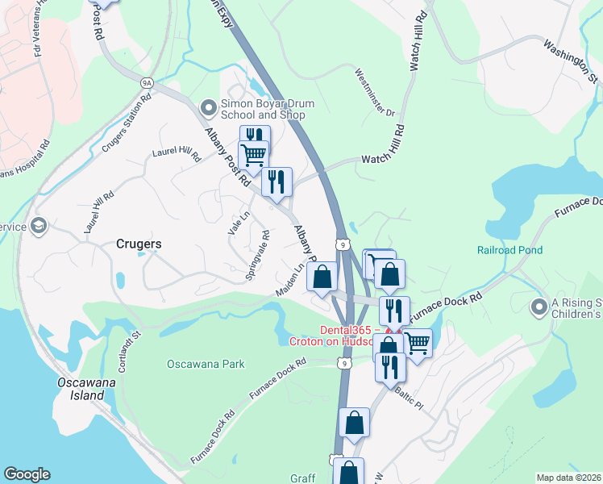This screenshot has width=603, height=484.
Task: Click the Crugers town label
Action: pyautogui.click(x=139, y=243)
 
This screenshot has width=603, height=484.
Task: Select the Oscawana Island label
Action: pyautogui.click(x=81, y=388)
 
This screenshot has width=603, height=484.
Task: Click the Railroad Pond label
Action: pyautogui.click(x=509, y=251)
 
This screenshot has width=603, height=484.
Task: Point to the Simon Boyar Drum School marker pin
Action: pyautogui.click(x=209, y=105)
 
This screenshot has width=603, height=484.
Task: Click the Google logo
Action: pyautogui.click(x=27, y=474)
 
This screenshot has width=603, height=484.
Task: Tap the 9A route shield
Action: pyautogui.click(x=147, y=82)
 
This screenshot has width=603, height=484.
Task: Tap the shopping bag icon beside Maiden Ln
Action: pyautogui.click(x=322, y=277)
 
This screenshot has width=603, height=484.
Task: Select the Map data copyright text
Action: pyautogui.click(x=568, y=478)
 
